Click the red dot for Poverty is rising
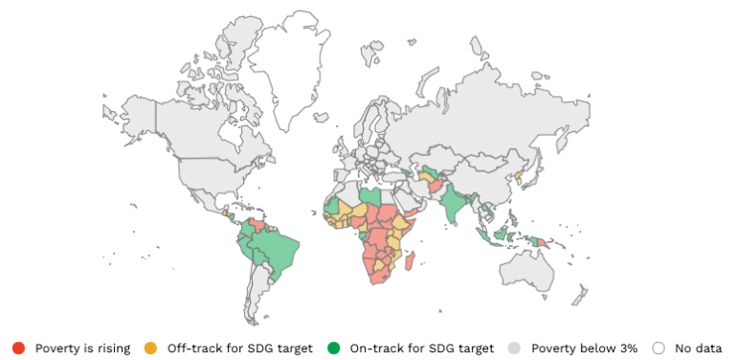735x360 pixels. pos(19,348)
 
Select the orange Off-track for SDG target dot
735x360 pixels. pos(149,348)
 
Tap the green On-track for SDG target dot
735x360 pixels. pos(333,348)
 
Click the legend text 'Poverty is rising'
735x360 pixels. pos(82,348)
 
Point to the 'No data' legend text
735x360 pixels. pos(697,348)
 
